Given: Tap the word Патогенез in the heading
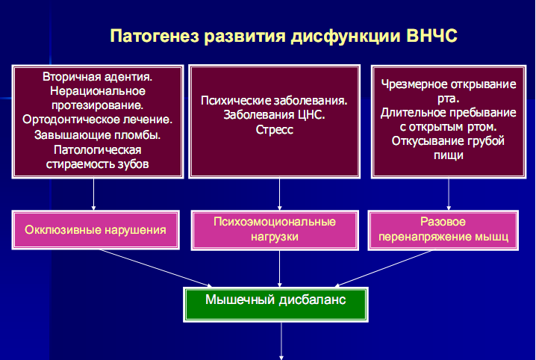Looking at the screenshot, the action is [155, 36].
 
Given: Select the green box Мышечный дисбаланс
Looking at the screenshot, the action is [275, 305].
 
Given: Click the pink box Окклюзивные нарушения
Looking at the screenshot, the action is [96, 230].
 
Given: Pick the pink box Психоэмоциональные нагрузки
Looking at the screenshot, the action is [275, 230].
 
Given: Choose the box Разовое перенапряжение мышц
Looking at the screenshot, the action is [443, 230].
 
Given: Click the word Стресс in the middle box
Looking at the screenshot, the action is [275, 129].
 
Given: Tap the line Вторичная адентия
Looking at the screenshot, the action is [98, 77].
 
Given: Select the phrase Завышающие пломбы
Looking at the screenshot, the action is [98, 135].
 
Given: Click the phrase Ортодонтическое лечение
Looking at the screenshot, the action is [98, 120].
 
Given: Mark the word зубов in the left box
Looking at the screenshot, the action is [134, 164].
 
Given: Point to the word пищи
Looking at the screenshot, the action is [449, 155].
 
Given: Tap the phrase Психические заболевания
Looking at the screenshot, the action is [274, 101].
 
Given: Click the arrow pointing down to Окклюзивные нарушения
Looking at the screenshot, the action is [93, 194].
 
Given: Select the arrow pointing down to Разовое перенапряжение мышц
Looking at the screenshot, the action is [449, 194].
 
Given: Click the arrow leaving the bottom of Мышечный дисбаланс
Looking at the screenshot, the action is [281, 341].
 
